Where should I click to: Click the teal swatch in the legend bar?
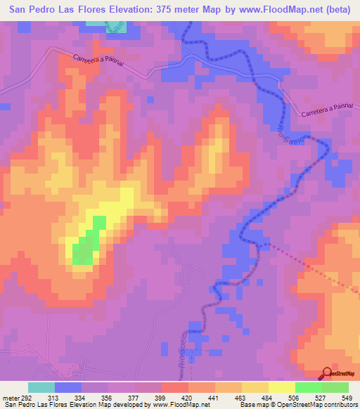[41, 387]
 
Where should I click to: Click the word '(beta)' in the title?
[335, 11]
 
